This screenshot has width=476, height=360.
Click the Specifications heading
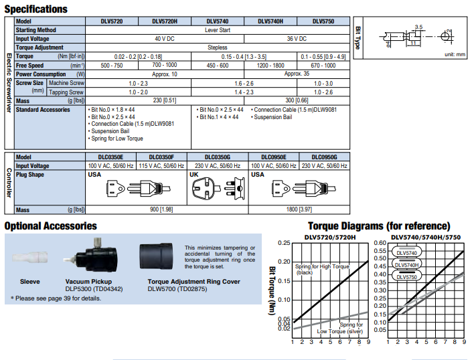tap(36, 9)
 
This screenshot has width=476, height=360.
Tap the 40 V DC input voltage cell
tap(164, 39)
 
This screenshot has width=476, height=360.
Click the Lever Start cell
tap(216, 30)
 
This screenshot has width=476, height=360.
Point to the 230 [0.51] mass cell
tap(164, 100)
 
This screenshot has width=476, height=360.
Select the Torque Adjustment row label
tap(39, 48)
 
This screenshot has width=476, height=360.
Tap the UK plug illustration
tap(216, 189)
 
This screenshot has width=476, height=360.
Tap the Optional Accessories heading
tap(50, 226)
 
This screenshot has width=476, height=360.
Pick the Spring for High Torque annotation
tap(323, 269)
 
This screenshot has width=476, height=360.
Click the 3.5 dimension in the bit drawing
tap(418, 27)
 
